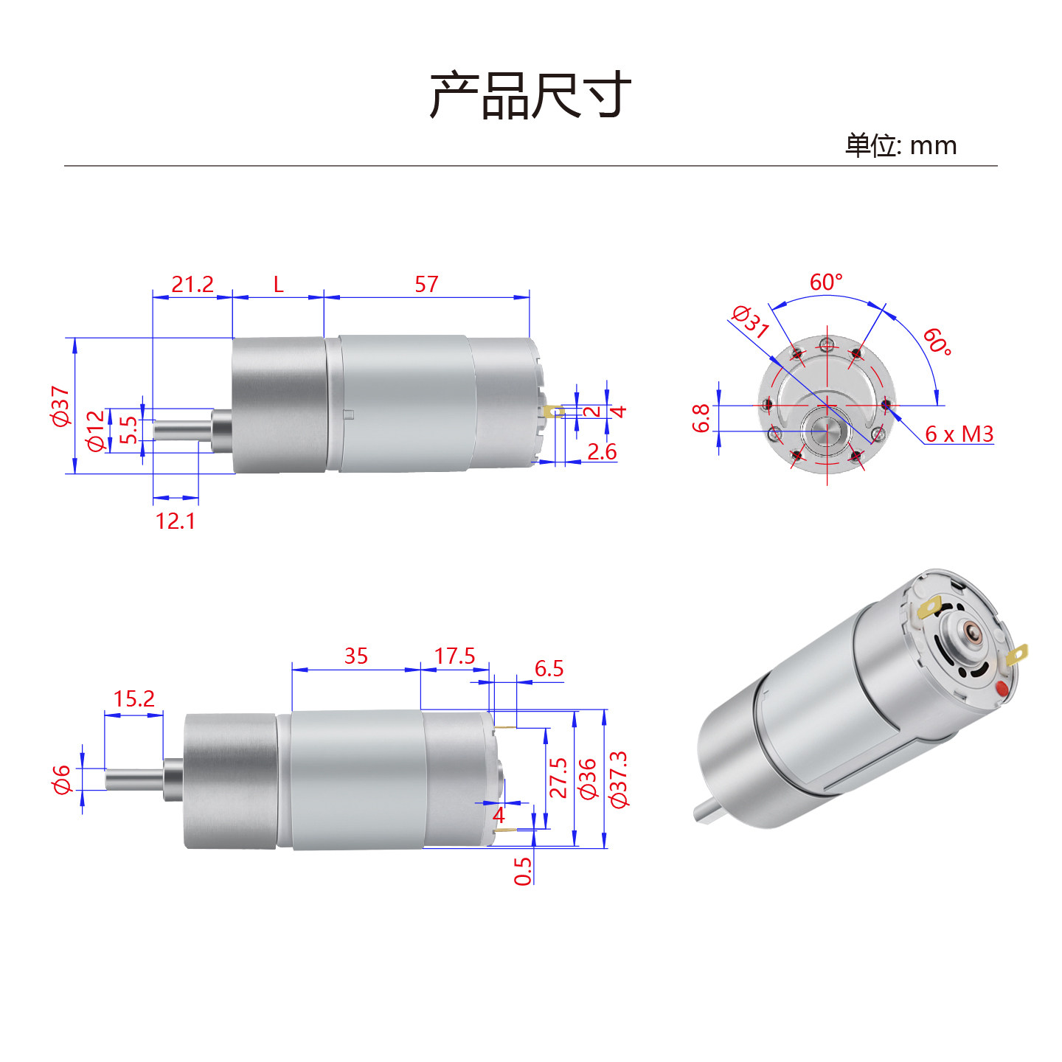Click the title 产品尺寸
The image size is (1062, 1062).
point(530,95)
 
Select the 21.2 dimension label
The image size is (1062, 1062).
point(192,285)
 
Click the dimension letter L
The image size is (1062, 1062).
point(278,285)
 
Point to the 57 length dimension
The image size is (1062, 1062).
point(426,285)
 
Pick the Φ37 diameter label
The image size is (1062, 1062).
point(60,406)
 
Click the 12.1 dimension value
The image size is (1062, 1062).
point(176,521)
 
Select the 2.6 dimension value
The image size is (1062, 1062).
point(602,451)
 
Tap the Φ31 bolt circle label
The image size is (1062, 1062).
point(750,322)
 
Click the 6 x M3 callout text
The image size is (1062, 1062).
point(959,434)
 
